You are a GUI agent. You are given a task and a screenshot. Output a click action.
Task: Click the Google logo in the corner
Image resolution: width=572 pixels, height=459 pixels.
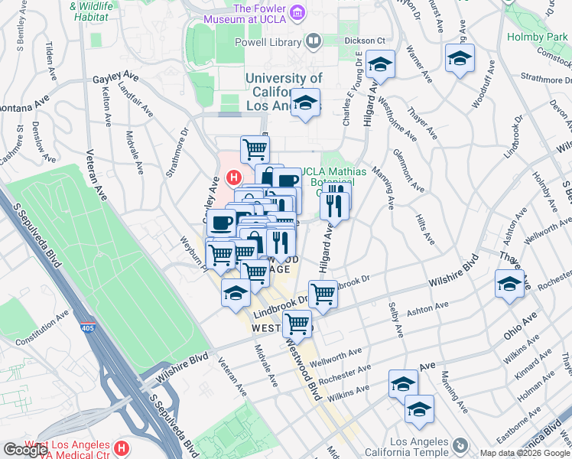click(x=24, y=450)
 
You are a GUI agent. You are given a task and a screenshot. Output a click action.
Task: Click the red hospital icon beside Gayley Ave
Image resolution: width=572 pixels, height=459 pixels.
click(x=235, y=178)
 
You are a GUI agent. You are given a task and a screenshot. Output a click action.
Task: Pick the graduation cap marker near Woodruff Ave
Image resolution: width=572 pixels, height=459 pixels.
click(x=460, y=59)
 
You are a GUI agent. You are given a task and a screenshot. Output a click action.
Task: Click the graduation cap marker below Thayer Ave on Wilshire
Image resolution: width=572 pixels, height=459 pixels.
click(x=509, y=285)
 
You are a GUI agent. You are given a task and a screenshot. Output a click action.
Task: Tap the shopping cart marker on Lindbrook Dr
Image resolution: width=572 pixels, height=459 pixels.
click(x=323, y=294)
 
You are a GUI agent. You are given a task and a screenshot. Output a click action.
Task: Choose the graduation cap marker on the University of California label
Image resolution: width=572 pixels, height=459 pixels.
click(x=305, y=104)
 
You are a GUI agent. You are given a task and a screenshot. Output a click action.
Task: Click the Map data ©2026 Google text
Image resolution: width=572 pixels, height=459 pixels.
click(x=524, y=453)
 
